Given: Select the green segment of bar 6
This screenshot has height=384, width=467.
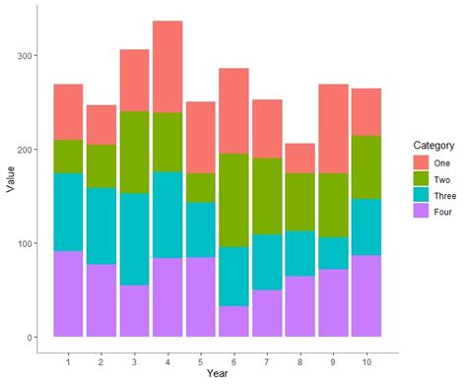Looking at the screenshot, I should coord(233,200).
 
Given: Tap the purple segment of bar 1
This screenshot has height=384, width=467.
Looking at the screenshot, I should coord(68,293).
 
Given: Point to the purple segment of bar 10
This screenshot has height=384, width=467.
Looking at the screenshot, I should coord(367,295).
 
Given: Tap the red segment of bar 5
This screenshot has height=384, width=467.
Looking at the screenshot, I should coord(201,138).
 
